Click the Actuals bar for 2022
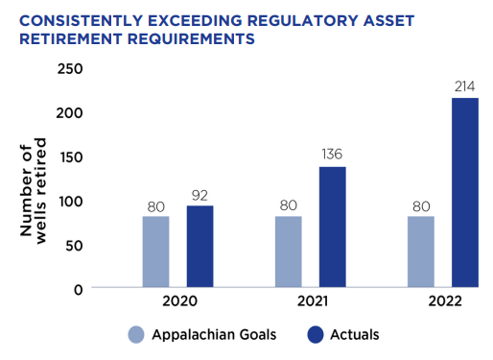(x=465, y=192)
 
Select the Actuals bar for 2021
(x=333, y=227)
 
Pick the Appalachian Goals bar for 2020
(x=156, y=252)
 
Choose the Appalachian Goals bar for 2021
(x=289, y=252)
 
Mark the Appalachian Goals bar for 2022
(x=421, y=252)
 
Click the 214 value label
(x=465, y=87)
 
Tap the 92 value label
(x=200, y=195)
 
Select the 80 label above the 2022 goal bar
(x=421, y=205)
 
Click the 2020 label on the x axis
(x=179, y=301)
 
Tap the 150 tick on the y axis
(x=70, y=156)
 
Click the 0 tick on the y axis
(x=78, y=288)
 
